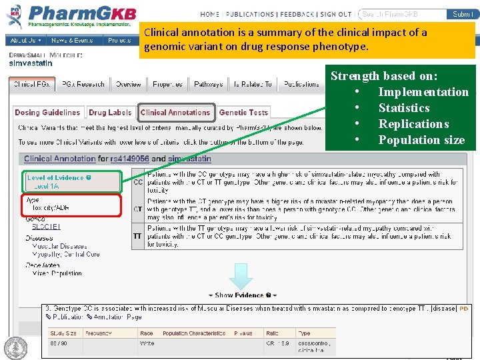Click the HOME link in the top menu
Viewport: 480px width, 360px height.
[209, 14]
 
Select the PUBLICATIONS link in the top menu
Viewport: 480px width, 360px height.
[250, 14]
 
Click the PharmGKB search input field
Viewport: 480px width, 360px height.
[402, 14]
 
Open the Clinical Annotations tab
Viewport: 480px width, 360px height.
[175, 113]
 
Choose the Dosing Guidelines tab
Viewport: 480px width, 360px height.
[47, 113]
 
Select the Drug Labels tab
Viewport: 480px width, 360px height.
[110, 113]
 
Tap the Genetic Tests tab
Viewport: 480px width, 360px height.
[243, 113]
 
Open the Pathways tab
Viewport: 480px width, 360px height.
[209, 85]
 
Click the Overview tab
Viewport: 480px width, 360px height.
[128, 85]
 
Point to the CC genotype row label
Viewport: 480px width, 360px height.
[138, 181]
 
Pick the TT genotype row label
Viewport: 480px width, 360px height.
[138, 236]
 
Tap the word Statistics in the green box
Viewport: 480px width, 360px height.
[404, 108]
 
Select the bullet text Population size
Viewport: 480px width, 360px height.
[421, 140]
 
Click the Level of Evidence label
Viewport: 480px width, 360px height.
[56, 178]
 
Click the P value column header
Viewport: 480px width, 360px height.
[243, 333]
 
